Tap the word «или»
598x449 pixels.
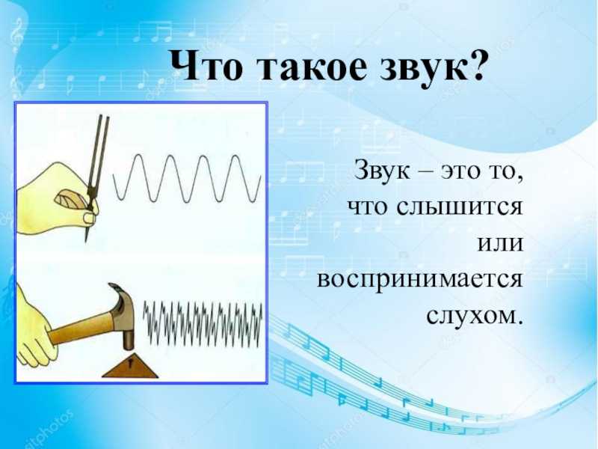[500, 245]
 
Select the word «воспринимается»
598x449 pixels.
[419, 281]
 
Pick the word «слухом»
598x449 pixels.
[474, 317]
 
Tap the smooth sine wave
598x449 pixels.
[187, 178]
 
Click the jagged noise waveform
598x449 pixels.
[203, 323]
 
